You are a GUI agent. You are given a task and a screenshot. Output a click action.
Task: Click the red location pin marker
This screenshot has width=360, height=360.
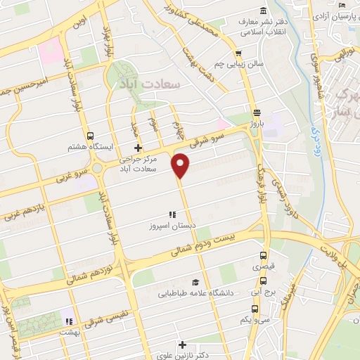coord(181,166)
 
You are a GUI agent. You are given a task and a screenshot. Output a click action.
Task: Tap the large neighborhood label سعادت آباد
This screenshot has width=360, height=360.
coord(150,84)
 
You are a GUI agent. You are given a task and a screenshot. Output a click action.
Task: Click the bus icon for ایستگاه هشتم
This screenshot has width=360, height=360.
coord(90,136)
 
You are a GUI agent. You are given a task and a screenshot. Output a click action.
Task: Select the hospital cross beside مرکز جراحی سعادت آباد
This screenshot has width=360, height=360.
coord(138,148)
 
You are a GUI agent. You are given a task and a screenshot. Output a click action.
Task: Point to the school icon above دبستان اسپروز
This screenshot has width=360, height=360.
coord(171,214)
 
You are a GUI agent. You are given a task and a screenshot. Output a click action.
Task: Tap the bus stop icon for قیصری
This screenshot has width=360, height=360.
coord(264,256)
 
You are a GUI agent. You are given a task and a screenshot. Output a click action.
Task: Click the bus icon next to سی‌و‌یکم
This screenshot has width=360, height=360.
coord(254,308)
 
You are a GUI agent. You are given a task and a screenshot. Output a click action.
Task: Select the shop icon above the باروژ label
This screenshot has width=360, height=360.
coord(257,112)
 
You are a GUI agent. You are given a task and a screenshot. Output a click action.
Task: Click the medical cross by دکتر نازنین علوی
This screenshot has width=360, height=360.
coord(183,345)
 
